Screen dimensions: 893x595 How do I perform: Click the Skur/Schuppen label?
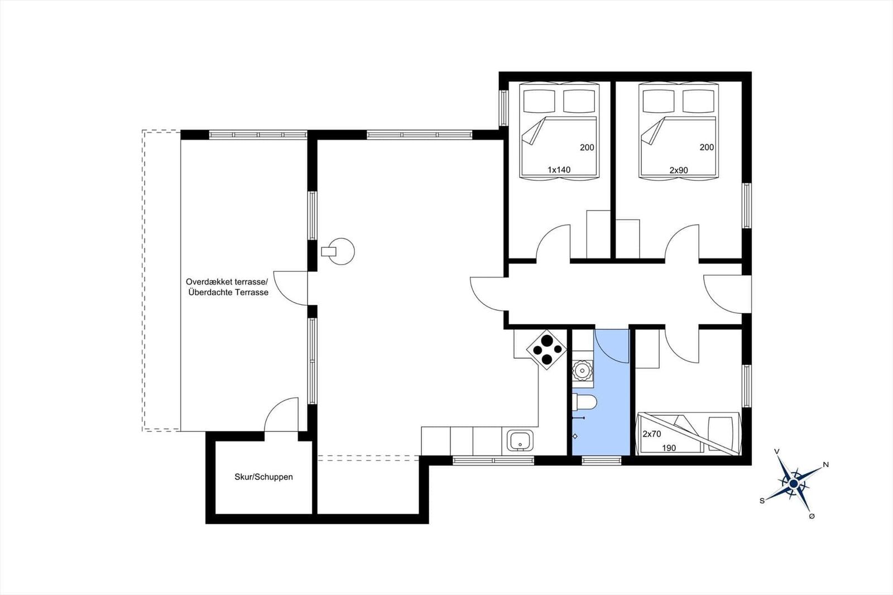(x=263, y=477)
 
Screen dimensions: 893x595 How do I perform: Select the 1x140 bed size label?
(x=559, y=170)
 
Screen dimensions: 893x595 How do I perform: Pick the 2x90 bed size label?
(x=679, y=170)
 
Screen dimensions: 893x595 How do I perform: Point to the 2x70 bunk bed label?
(x=652, y=434)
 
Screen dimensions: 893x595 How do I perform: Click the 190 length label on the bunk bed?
(x=669, y=448)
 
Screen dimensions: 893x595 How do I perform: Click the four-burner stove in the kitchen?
(x=546, y=350)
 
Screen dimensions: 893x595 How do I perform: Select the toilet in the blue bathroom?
(x=584, y=402)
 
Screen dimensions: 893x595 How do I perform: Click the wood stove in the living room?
(x=338, y=251)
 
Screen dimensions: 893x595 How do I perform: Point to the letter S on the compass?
(x=762, y=501)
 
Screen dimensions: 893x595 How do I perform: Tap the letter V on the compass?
(x=776, y=452)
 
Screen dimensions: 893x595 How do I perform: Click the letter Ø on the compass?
(x=812, y=516)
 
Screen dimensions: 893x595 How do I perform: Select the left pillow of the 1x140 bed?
(x=539, y=101)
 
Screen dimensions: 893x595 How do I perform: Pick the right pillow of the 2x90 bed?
(x=698, y=101)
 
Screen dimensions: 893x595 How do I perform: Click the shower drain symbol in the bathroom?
(x=575, y=436)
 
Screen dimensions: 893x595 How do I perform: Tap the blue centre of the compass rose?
(x=793, y=484)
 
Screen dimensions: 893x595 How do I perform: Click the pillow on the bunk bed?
(x=721, y=434)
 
